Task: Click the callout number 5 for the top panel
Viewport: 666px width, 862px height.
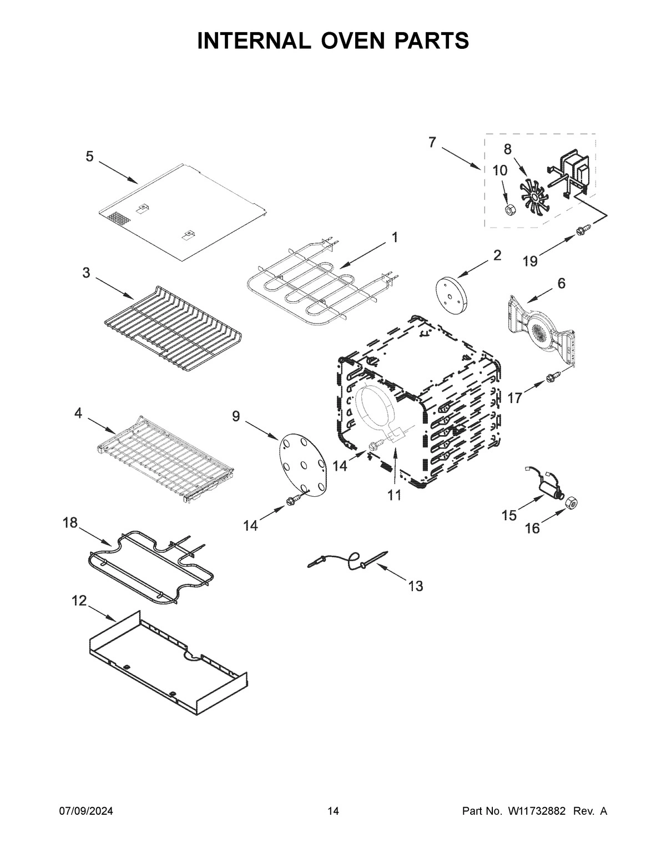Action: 89,157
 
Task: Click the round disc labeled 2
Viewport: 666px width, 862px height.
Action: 452,292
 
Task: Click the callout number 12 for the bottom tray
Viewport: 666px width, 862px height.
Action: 79,601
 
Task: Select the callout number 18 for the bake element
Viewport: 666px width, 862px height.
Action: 70,523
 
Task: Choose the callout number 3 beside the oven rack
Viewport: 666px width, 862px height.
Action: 86,273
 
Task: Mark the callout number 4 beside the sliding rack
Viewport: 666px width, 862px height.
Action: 78,413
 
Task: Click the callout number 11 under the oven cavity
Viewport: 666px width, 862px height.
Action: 394,495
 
